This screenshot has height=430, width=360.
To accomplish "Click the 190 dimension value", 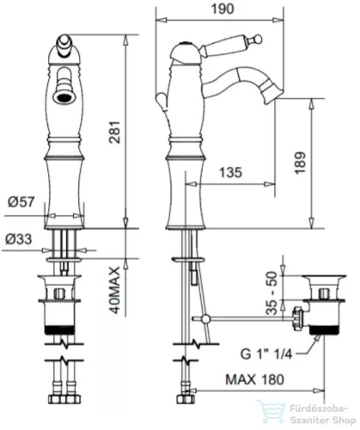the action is (223, 9).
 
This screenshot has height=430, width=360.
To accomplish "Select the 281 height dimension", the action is (115, 132).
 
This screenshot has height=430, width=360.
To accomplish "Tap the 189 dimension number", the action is (300, 163).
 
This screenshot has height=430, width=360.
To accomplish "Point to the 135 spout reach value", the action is (230, 173).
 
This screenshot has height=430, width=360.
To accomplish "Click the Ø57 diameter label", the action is (21, 202).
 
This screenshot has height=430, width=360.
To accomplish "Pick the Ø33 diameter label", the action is (19, 239).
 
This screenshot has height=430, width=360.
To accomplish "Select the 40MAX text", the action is (114, 290).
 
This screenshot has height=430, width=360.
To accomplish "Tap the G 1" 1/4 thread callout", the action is (266, 354).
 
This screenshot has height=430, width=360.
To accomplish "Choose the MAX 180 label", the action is (254, 379).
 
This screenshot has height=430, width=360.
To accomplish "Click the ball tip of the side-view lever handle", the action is (258, 39).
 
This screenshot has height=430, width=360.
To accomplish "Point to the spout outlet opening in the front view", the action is (64, 97).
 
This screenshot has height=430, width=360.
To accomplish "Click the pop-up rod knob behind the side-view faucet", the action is (162, 101).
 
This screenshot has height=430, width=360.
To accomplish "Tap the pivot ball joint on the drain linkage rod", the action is (205, 319).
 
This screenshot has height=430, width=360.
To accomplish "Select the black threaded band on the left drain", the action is (60, 330).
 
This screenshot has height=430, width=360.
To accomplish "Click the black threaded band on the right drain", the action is (325, 330).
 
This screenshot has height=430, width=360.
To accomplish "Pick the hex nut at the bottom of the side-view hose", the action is (184, 400).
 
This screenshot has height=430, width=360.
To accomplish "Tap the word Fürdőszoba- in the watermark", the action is (319, 408).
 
